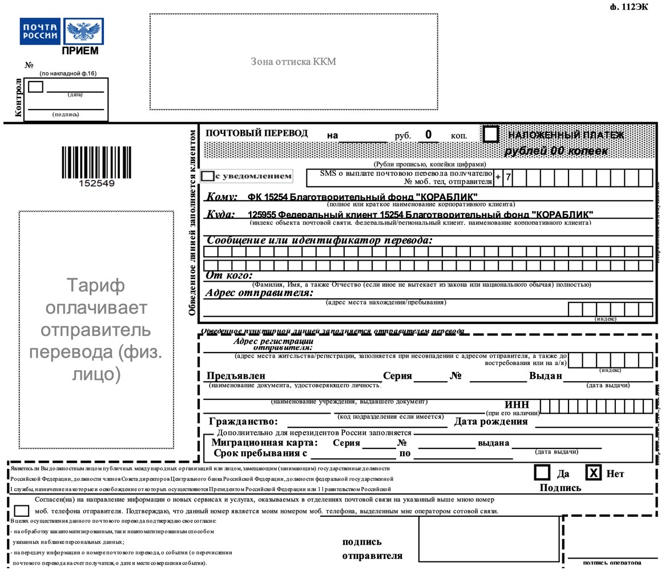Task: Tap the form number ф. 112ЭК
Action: click(629, 7)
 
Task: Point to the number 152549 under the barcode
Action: click(96, 184)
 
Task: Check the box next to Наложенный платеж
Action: click(490, 135)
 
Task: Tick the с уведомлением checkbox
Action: click(208, 176)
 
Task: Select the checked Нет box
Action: click(594, 472)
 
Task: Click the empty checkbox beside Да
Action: click(542, 472)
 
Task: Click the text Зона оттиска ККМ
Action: click(293, 62)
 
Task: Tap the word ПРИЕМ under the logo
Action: click(80, 51)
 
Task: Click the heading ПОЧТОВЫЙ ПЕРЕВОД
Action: click(257, 133)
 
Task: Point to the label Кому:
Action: click(221, 197)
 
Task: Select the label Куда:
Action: click(220, 214)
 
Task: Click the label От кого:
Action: click(229, 276)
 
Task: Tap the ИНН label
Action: click(517, 405)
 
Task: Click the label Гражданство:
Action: click(243, 422)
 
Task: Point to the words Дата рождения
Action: click(491, 422)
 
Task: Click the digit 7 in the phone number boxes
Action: click(508, 177)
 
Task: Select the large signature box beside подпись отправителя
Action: click(489, 539)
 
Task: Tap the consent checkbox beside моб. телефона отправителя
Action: click(22, 511)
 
